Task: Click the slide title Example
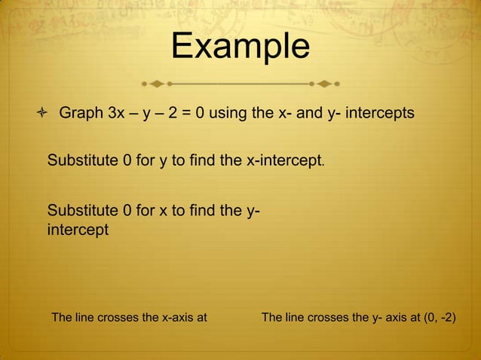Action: coord(240,47)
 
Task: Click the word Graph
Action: coord(81,114)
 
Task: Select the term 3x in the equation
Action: coord(118,114)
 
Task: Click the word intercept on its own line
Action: coord(78,229)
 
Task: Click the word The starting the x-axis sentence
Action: coord(62,318)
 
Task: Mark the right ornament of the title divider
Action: coord(323,81)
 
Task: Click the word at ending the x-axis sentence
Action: coord(201,318)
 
